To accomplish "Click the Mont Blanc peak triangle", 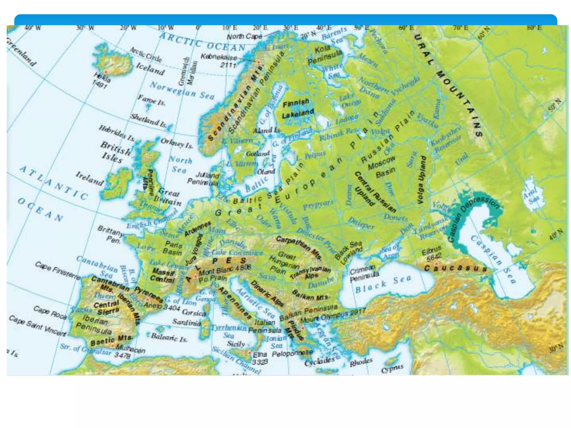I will [196, 276].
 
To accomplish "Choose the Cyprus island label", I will [392, 369].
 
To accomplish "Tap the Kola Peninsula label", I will [325, 55].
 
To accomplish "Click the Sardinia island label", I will [187, 322].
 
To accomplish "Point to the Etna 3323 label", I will [260, 358].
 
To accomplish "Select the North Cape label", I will [244, 36].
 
